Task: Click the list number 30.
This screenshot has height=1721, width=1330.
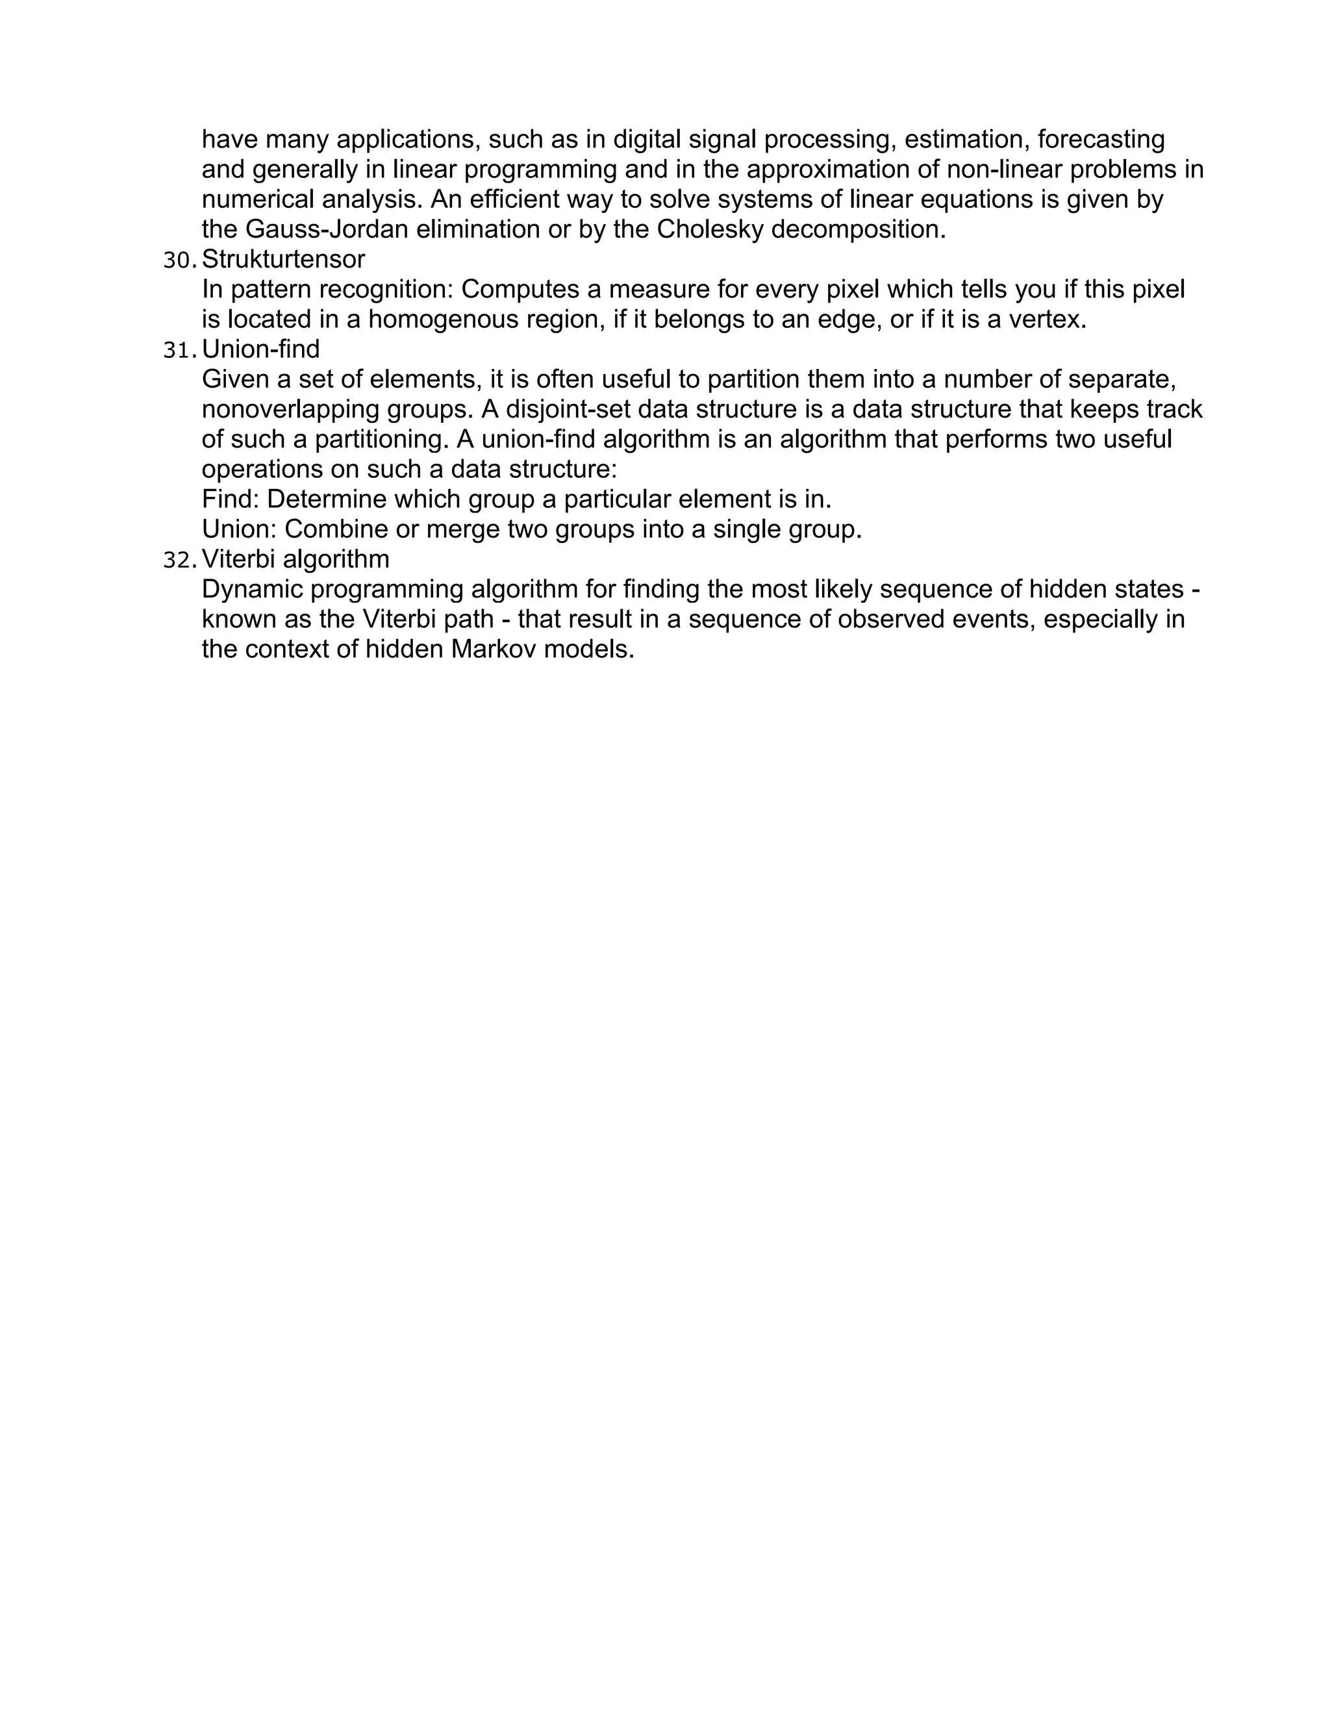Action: tap(179, 260)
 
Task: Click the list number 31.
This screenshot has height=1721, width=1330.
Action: tap(179, 350)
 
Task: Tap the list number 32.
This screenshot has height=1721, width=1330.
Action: tap(179, 560)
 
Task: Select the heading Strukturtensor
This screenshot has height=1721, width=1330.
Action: tap(283, 259)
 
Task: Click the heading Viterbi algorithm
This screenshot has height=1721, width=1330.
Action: tap(295, 559)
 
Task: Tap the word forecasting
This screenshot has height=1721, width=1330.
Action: tap(1101, 140)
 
